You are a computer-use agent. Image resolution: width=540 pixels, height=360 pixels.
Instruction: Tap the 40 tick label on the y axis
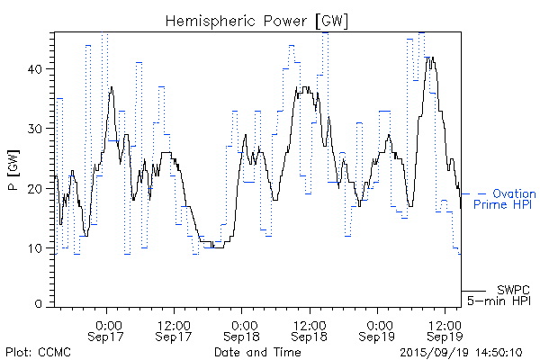pos(39,69)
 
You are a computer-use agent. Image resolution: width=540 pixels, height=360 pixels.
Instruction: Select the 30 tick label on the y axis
pos(39,129)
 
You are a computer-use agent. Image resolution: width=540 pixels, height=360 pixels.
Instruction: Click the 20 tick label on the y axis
pos(39,188)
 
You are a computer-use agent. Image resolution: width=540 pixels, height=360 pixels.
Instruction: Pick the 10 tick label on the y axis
pos(39,247)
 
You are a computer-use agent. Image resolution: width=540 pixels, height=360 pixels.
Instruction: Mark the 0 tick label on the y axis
pos(42,305)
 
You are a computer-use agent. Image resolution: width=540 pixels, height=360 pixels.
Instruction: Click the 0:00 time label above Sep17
pos(108,324)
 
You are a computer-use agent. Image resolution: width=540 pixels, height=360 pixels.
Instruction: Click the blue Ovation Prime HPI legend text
pos(505,199)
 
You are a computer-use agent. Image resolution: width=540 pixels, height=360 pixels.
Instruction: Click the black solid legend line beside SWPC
pos(474,291)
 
